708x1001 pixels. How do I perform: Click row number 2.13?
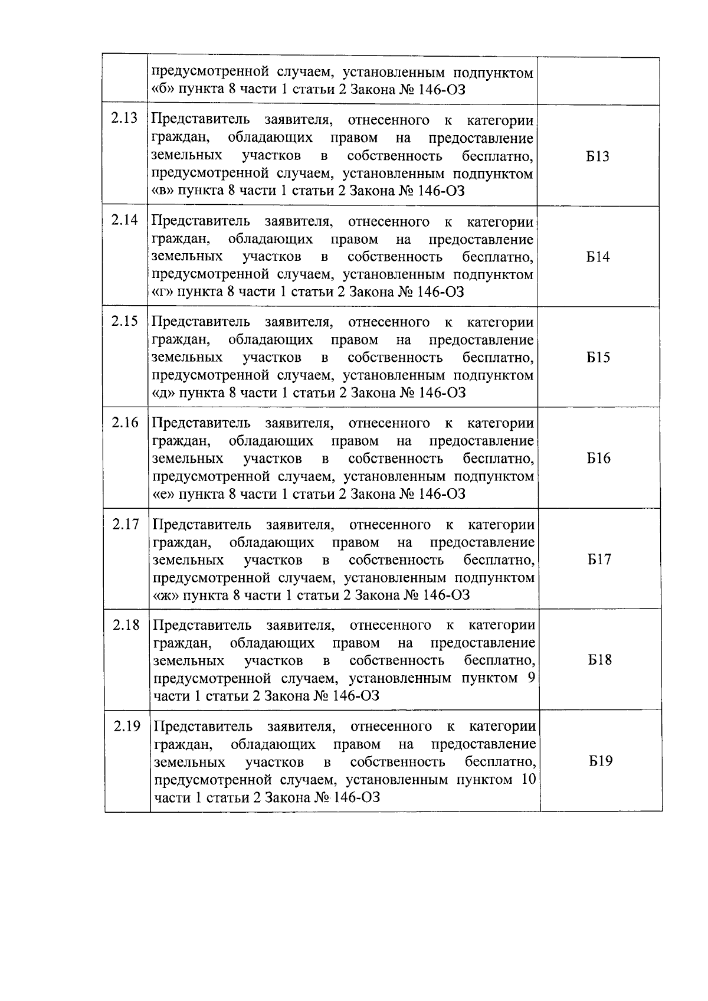124,118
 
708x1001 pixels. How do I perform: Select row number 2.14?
124,220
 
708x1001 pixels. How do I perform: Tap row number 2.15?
124,320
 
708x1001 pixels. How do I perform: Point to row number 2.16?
125,422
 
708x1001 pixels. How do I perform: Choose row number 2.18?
126,624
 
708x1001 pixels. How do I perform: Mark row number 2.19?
127,725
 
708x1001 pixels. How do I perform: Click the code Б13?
598,156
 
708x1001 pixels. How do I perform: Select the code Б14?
598,257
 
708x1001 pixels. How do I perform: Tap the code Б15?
598,358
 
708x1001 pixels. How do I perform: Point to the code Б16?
599,459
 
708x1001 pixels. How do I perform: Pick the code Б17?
599,560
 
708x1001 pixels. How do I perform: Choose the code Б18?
600,660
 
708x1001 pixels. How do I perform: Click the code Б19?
601,761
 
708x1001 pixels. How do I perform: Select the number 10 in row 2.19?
528,779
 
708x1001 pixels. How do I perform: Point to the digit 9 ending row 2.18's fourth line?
531,678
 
